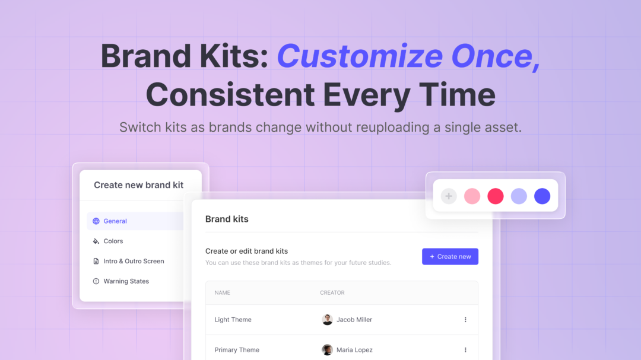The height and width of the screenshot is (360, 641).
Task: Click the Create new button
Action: [x=450, y=256]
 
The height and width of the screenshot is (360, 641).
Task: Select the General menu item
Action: [x=115, y=221]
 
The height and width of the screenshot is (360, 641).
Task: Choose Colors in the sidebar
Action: [x=113, y=241]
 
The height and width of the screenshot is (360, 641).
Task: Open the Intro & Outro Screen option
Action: [x=134, y=261]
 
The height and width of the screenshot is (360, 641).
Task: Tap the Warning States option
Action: [x=126, y=281]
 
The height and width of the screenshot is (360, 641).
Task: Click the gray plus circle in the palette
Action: [x=449, y=196]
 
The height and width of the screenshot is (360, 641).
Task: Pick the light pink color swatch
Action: [x=472, y=196]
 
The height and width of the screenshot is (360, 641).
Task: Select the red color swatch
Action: [x=496, y=196]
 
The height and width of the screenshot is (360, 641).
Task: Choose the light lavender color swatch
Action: [x=519, y=196]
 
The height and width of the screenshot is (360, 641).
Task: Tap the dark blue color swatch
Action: [x=542, y=196]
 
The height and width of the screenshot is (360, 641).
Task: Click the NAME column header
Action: [x=223, y=293]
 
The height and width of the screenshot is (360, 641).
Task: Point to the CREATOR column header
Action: [x=332, y=293]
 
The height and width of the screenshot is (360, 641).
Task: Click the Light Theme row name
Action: [x=233, y=320]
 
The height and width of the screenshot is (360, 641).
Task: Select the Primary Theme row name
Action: [x=237, y=350]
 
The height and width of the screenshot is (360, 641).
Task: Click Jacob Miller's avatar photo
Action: [x=327, y=320]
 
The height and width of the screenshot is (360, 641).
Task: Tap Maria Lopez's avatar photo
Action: [x=327, y=350]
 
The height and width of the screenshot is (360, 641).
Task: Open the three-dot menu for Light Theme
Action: [x=465, y=320]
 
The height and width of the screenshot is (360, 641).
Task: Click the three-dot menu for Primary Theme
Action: [x=465, y=350]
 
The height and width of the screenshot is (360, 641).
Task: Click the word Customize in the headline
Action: [x=360, y=56]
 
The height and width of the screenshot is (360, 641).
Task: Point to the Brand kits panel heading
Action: [x=227, y=219]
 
